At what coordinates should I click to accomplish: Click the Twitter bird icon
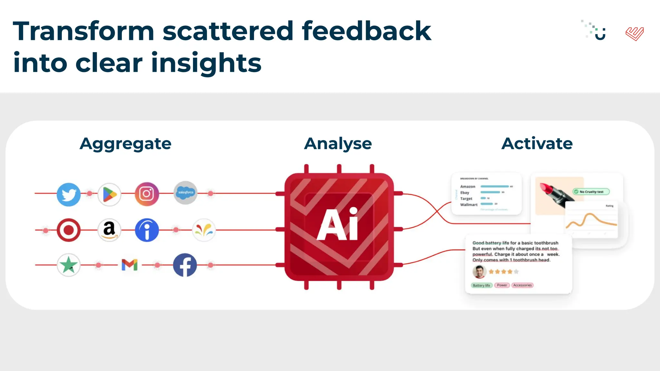[69, 195]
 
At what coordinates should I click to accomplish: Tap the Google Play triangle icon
[109, 195]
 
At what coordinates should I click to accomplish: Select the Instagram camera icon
[147, 194]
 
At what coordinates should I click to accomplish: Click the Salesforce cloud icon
[186, 192]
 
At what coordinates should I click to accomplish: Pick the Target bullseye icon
[69, 230]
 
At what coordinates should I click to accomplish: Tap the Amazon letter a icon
[109, 230]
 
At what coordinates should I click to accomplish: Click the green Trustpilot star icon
[69, 265]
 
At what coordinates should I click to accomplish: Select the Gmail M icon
[130, 265]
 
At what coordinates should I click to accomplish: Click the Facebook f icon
[185, 265]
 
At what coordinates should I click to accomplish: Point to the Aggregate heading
[125, 144]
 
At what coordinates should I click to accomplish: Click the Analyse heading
[338, 144]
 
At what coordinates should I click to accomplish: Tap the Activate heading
[537, 144]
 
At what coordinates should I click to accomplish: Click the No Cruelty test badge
[591, 192]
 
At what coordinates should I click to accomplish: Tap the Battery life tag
[481, 285]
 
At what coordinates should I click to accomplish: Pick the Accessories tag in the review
[522, 285]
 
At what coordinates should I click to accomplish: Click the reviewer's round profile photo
[479, 272]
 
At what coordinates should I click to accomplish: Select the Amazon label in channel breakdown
[468, 186]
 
